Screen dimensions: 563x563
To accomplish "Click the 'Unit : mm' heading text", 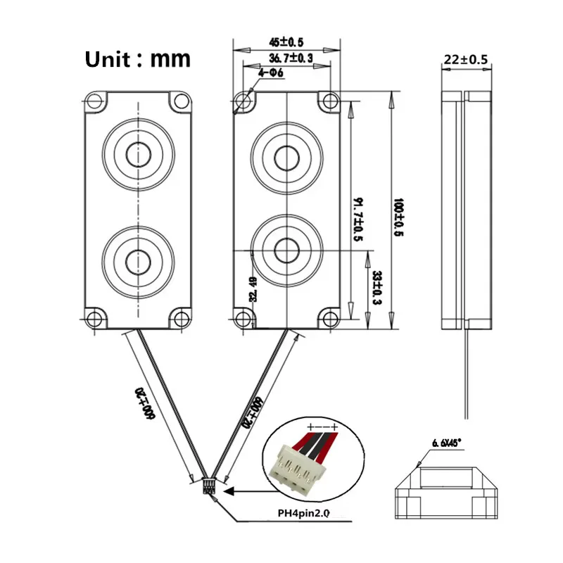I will [137, 58].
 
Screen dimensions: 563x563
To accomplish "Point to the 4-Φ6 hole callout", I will [270, 72].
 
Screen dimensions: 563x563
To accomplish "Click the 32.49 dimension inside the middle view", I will [252, 288].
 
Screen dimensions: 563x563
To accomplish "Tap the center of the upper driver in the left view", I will [138, 152].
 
